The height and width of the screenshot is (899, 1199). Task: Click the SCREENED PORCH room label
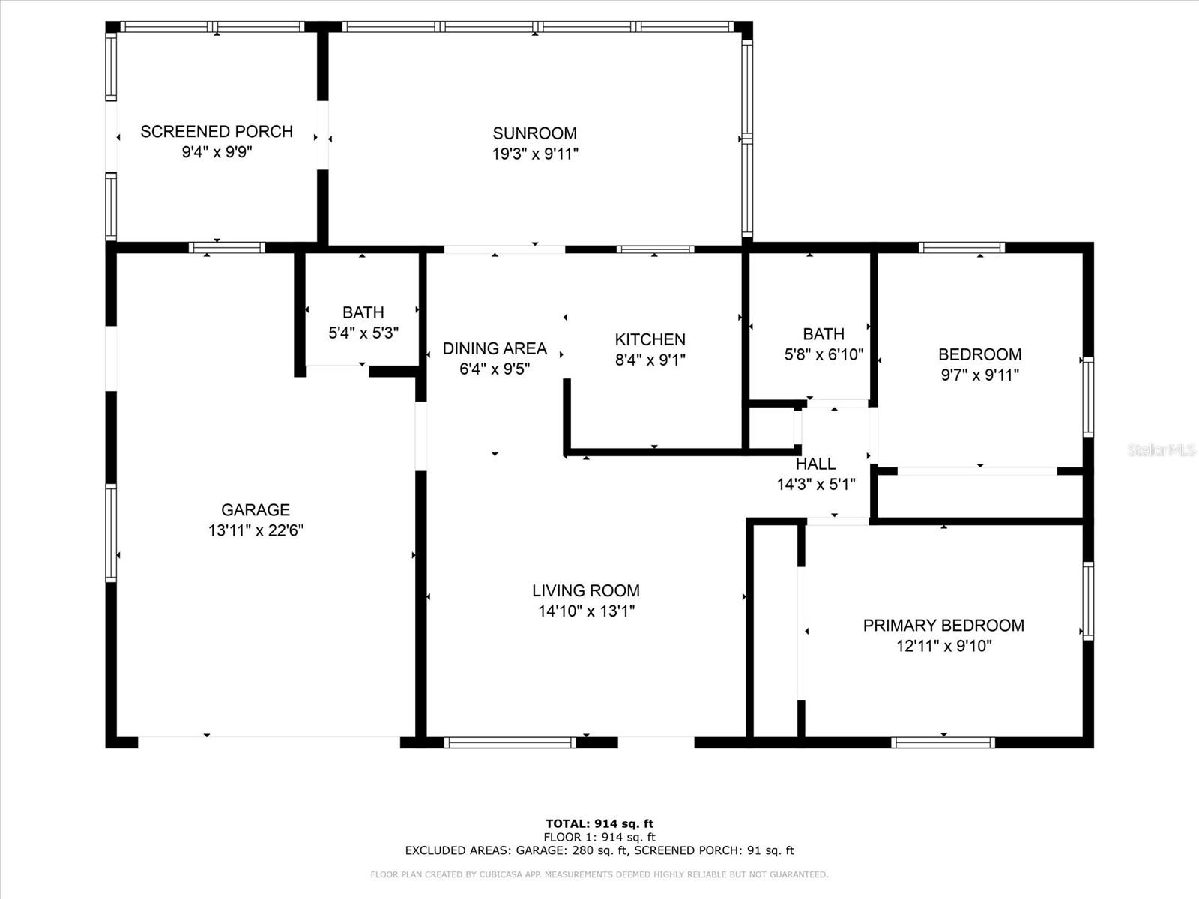pyautogui.click(x=217, y=132)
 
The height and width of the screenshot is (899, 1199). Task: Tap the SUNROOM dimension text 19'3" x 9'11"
pyautogui.click(x=535, y=154)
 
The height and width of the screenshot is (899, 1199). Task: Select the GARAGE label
pyautogui.click(x=255, y=510)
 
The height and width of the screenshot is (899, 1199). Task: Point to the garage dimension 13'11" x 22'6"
pyautogui.click(x=256, y=530)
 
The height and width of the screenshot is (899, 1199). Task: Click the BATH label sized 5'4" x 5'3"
pyautogui.click(x=363, y=312)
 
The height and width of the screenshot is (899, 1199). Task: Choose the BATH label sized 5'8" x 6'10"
pyautogui.click(x=824, y=333)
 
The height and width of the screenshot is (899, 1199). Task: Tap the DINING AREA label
pyautogui.click(x=495, y=348)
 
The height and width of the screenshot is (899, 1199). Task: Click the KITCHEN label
pyautogui.click(x=650, y=339)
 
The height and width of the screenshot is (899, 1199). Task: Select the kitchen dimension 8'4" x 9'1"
pyautogui.click(x=650, y=360)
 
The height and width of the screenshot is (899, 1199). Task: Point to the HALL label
pyautogui.click(x=815, y=464)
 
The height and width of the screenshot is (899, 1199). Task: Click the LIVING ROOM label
pyautogui.click(x=586, y=590)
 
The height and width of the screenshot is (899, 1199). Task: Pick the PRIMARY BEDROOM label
pyautogui.click(x=944, y=626)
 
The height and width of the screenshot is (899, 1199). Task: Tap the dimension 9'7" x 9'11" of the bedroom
pyautogui.click(x=980, y=375)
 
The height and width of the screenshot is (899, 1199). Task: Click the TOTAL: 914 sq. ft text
pyautogui.click(x=599, y=823)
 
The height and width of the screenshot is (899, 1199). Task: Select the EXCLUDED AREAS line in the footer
pyautogui.click(x=599, y=850)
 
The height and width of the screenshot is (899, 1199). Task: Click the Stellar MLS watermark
pyautogui.click(x=1162, y=449)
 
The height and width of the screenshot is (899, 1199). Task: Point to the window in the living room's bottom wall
pyautogui.click(x=510, y=742)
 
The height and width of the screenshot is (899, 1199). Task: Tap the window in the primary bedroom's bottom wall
pyautogui.click(x=943, y=742)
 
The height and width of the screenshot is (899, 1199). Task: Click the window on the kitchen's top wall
pyautogui.click(x=656, y=250)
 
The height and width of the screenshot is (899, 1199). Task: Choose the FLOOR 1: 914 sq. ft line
pyautogui.click(x=599, y=838)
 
